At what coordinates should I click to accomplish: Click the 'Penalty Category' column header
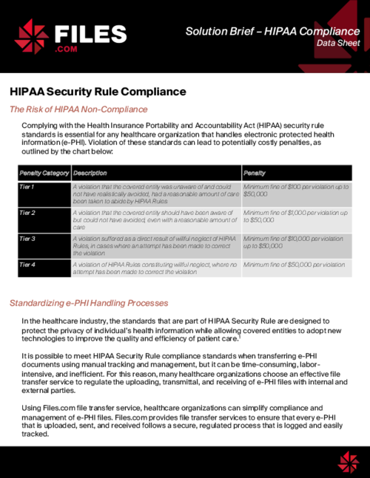(44, 172)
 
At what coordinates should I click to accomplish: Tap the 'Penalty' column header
(255, 172)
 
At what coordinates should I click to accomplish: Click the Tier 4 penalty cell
(294, 264)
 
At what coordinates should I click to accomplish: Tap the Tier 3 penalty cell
(294, 242)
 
